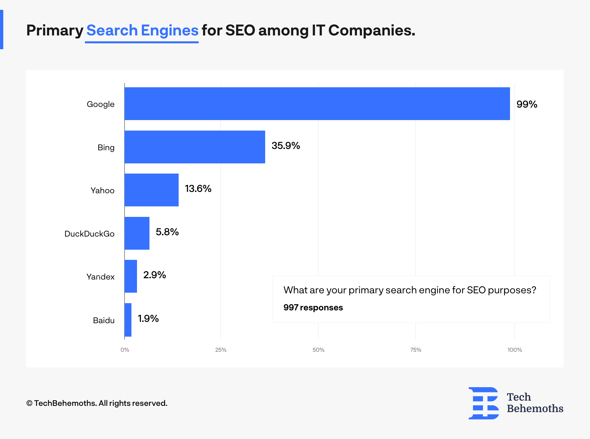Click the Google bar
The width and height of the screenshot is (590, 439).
point(317,104)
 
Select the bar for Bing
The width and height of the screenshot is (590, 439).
point(195,147)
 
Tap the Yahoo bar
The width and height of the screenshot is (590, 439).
point(151,190)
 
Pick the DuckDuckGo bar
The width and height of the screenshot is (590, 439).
point(137,233)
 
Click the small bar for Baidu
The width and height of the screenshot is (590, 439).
point(128,320)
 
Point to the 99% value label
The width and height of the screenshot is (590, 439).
point(527,104)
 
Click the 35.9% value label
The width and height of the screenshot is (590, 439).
point(285,146)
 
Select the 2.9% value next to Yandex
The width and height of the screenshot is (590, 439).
point(154,275)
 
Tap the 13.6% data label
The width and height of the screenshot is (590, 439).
point(198,189)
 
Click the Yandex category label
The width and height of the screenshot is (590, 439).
point(100,277)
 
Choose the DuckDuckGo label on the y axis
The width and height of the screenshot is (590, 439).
point(89,234)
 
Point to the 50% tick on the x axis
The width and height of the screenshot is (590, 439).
point(318,350)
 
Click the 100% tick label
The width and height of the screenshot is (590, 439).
point(515,350)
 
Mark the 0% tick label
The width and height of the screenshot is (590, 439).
point(125,350)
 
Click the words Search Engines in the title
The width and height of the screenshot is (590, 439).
point(142,31)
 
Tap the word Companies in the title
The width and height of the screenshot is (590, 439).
point(371,31)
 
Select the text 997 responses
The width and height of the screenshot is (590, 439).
point(313,307)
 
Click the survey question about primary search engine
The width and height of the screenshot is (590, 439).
point(410,290)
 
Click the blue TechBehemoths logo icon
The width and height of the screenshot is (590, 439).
point(483,403)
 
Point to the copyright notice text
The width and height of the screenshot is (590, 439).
point(97,403)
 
